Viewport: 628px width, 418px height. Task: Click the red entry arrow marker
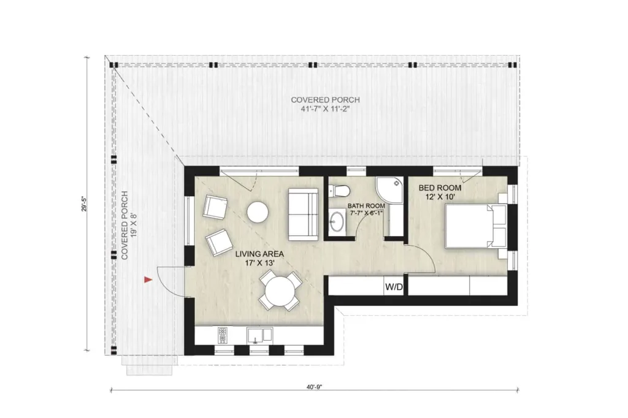pyautogui.click(x=147, y=280)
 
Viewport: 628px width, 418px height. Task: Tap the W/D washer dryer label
pyautogui.click(x=394, y=287)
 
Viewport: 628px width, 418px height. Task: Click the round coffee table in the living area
pyautogui.click(x=258, y=212)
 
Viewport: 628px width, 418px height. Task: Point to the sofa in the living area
pyautogui.click(x=304, y=214)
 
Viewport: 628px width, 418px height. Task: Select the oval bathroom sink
pyautogui.click(x=337, y=222)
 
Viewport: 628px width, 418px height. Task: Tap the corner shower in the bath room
pyautogui.click(x=389, y=189)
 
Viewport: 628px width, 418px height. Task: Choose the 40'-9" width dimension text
pyautogui.click(x=315, y=387)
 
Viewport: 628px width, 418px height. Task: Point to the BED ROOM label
pyautogui.click(x=440, y=188)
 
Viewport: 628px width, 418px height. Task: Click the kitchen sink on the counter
pyautogui.click(x=260, y=335)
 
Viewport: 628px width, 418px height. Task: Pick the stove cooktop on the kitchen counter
pyautogui.click(x=222, y=335)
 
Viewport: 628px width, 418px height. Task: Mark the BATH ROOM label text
pyautogui.click(x=367, y=206)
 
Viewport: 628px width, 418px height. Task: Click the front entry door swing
pyautogui.click(x=169, y=281)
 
